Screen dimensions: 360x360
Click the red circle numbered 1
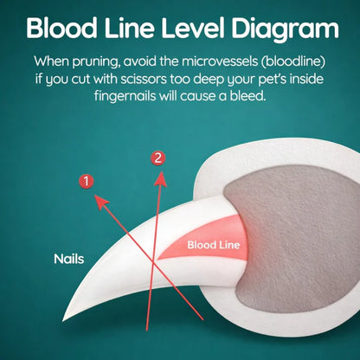tap(86, 181)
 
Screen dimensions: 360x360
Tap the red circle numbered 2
tap(157, 158)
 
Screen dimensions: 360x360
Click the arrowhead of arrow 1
tap(101, 202)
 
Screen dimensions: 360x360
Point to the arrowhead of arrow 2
tap(161, 179)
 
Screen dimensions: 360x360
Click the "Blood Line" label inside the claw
tap(214, 245)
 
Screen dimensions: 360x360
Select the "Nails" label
tap(69, 259)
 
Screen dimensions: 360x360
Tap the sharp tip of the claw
tap(63, 320)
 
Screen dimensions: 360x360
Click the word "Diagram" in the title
tap(285, 29)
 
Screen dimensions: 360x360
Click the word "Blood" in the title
tap(61, 28)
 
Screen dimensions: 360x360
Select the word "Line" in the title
tap(129, 28)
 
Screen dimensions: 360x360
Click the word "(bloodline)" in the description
tap(293, 61)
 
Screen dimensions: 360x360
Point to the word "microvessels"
tap(220, 61)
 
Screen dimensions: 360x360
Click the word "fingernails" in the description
tap(125, 96)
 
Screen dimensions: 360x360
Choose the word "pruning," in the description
tap(96, 61)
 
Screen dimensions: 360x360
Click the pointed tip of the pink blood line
tap(158, 258)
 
